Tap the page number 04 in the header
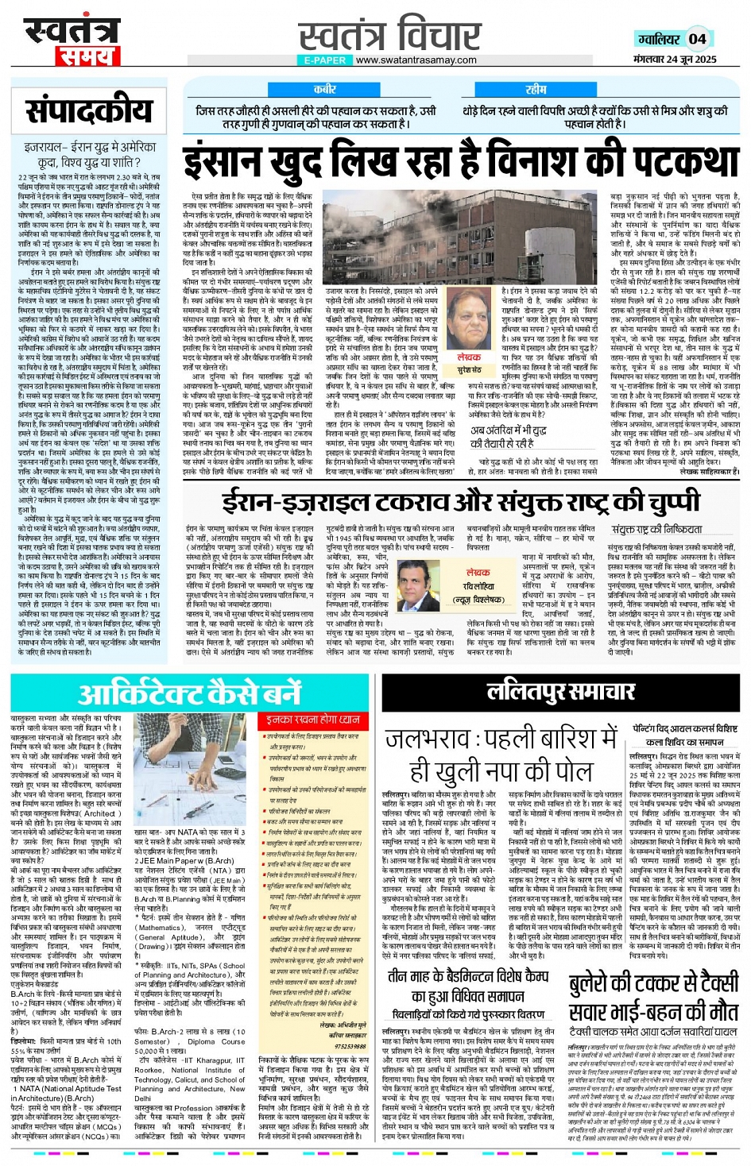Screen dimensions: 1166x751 point(698,39)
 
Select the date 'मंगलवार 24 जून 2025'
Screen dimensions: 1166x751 point(675,60)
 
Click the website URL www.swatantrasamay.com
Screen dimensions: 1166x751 point(416,60)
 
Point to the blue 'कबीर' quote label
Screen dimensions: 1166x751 point(324,90)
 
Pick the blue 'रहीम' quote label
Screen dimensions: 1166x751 point(536,90)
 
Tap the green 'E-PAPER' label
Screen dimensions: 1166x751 point(324,60)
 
